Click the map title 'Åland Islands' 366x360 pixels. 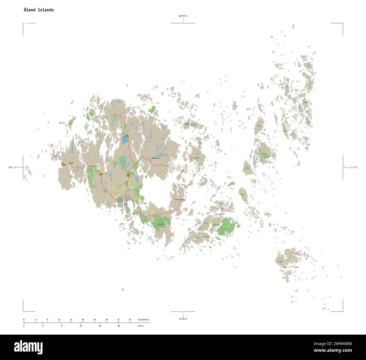39,10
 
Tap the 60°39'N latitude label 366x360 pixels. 183,16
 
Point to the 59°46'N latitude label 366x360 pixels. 183,319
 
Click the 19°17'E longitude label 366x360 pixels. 12,167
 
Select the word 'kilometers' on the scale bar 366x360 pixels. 143,319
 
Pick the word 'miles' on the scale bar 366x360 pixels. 140,326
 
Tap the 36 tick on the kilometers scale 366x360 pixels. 130,319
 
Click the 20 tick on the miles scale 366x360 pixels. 119,326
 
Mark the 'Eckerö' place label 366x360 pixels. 71,163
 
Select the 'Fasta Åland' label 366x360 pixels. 156,158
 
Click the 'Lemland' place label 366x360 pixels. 161,224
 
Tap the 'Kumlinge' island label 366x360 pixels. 264,154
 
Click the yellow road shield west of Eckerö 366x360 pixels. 63,165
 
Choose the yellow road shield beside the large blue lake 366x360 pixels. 127,136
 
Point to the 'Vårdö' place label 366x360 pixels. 197,158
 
